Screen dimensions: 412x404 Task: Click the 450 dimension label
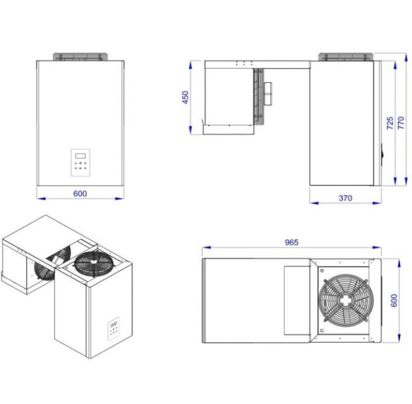pyautogui.click(x=186, y=97)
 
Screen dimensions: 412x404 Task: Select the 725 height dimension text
pyautogui.click(x=390, y=122)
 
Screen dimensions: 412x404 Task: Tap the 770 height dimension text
pyautogui.click(x=401, y=122)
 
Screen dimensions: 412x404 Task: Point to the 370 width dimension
pyautogui.click(x=346, y=198)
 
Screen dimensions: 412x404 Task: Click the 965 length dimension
pyautogui.click(x=291, y=242)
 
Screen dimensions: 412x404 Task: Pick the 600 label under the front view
pyautogui.click(x=80, y=194)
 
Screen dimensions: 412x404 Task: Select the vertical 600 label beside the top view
pyautogui.click(x=394, y=300)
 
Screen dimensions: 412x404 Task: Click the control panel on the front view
pyautogui.click(x=80, y=162)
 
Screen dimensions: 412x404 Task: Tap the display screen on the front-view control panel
pyautogui.click(x=80, y=155)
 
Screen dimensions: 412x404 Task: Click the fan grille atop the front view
pyautogui.click(x=81, y=57)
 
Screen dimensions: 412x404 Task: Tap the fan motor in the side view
pyautogui.click(x=268, y=93)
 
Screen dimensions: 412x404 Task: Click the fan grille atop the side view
pyautogui.click(x=346, y=57)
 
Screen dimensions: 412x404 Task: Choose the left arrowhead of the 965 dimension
pyautogui.click(x=206, y=247)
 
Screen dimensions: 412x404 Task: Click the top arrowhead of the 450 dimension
pyautogui.click(x=191, y=65)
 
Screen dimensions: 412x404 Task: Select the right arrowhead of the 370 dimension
pyautogui.click(x=377, y=203)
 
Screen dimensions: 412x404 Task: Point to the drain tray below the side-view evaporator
pyautogui.click(x=229, y=129)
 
